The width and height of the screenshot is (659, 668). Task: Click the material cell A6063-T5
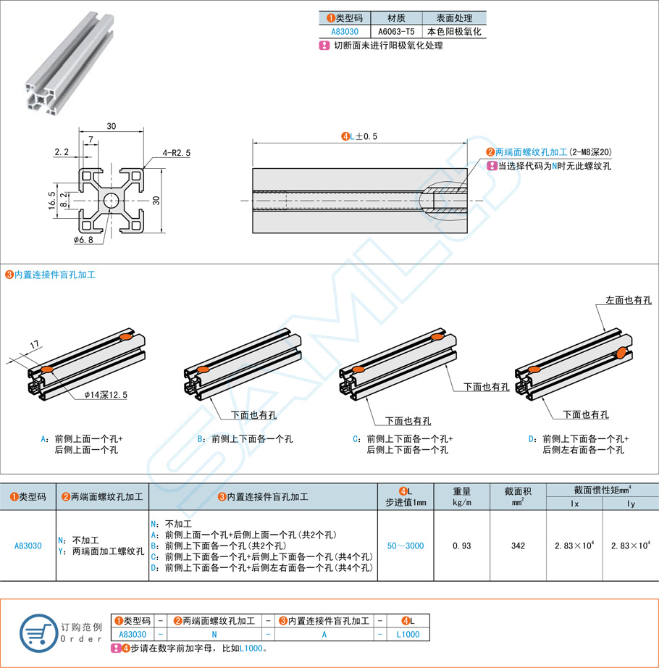pyautogui.click(x=396, y=32)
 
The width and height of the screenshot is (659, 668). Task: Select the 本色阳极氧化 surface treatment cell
pyautogui.click(x=454, y=32)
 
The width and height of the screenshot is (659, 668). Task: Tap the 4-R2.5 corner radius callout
pyautogui.click(x=177, y=153)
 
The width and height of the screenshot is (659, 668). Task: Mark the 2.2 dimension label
pyautogui.click(x=61, y=152)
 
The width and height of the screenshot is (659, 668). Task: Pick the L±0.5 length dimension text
pyautogui.click(x=360, y=136)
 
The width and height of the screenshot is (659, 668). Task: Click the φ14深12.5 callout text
pyautogui.click(x=106, y=395)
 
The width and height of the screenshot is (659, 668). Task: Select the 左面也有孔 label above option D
pyautogui.click(x=629, y=300)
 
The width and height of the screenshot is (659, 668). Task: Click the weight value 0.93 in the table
pyautogui.click(x=462, y=546)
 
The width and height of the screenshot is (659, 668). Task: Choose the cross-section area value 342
pyautogui.click(x=518, y=546)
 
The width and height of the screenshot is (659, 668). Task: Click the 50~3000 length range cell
pyautogui.click(x=405, y=546)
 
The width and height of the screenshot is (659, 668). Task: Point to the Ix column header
pyautogui.click(x=575, y=503)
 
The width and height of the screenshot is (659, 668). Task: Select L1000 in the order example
pyautogui.click(x=408, y=634)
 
